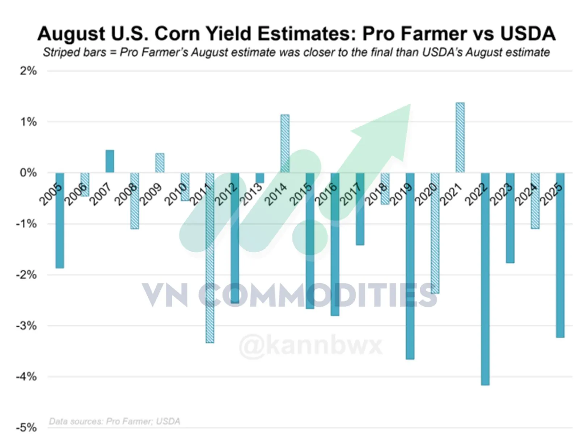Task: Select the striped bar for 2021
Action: (460, 137)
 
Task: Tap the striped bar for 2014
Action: (285, 144)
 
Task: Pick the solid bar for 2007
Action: (110, 161)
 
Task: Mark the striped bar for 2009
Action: (160, 163)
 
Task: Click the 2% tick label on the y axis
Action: (28, 71)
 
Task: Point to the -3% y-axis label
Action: (26, 326)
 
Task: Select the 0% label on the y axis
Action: (28, 173)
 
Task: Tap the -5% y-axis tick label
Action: (26, 427)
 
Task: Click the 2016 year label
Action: (326, 194)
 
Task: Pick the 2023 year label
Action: (501, 194)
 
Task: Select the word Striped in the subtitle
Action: (56, 52)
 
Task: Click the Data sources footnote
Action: (114, 421)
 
